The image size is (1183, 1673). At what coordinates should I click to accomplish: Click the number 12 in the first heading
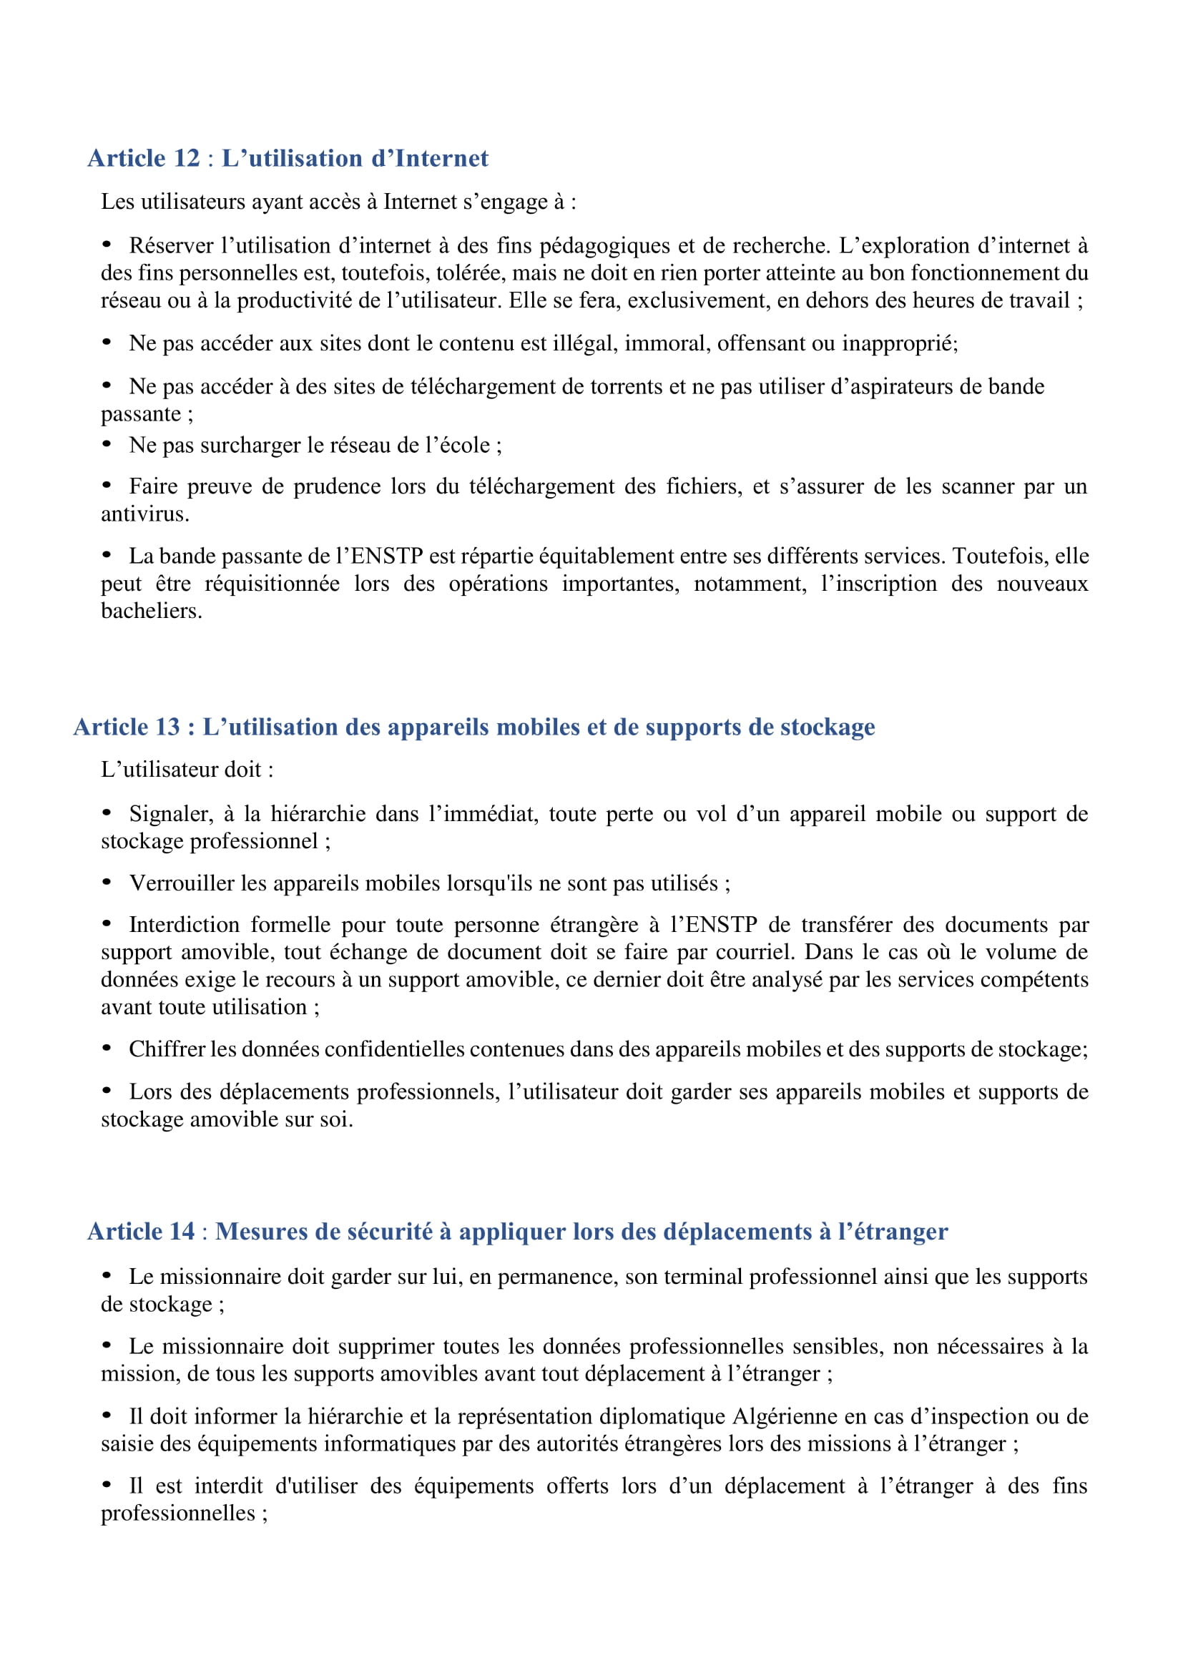187,158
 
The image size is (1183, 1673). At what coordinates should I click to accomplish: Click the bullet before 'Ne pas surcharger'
107,443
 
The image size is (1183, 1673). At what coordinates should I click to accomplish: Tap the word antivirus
144,514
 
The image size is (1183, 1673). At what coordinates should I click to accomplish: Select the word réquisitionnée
272,584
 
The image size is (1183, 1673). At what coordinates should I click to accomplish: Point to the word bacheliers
151,612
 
